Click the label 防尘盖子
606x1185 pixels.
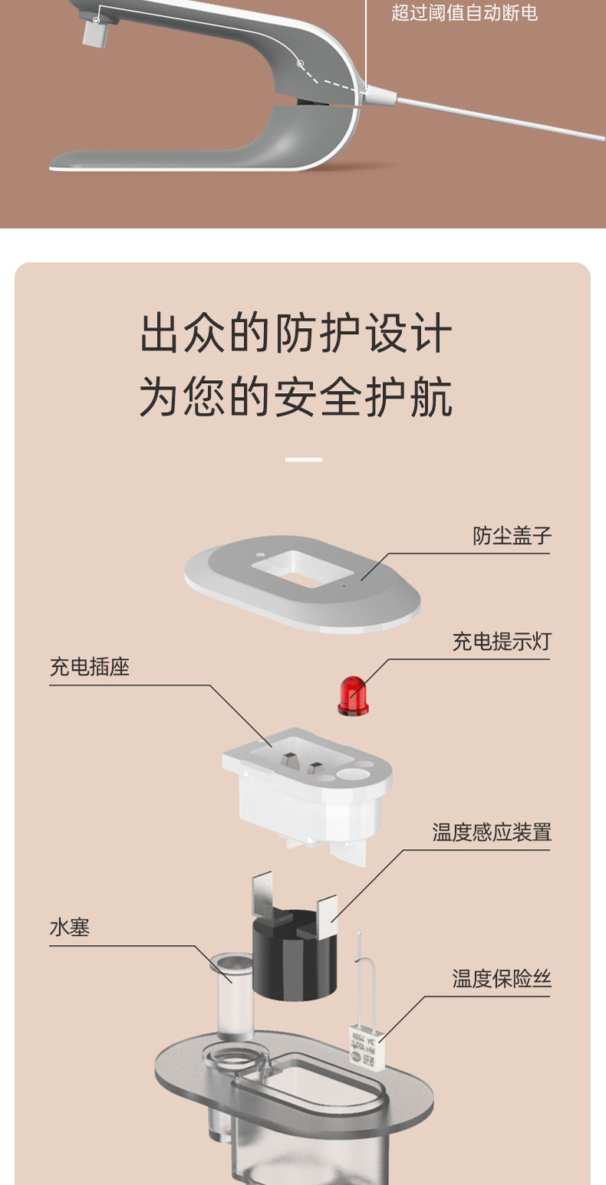click(x=512, y=536)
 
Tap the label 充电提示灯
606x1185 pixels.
click(x=502, y=642)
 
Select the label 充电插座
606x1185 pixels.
click(x=90, y=667)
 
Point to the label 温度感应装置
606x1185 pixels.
click(x=492, y=832)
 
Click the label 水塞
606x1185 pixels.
click(x=70, y=927)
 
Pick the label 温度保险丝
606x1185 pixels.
click(x=502, y=979)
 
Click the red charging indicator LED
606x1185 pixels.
click(x=353, y=695)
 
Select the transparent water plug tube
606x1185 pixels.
click(x=233, y=996)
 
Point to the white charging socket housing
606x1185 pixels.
click(x=307, y=797)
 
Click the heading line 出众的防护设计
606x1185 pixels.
click(x=296, y=334)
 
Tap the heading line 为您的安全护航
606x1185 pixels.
click(x=296, y=397)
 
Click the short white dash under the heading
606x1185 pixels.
click(x=303, y=460)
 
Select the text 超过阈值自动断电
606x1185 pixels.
click(x=464, y=14)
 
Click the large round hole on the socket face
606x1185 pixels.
click(x=354, y=773)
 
